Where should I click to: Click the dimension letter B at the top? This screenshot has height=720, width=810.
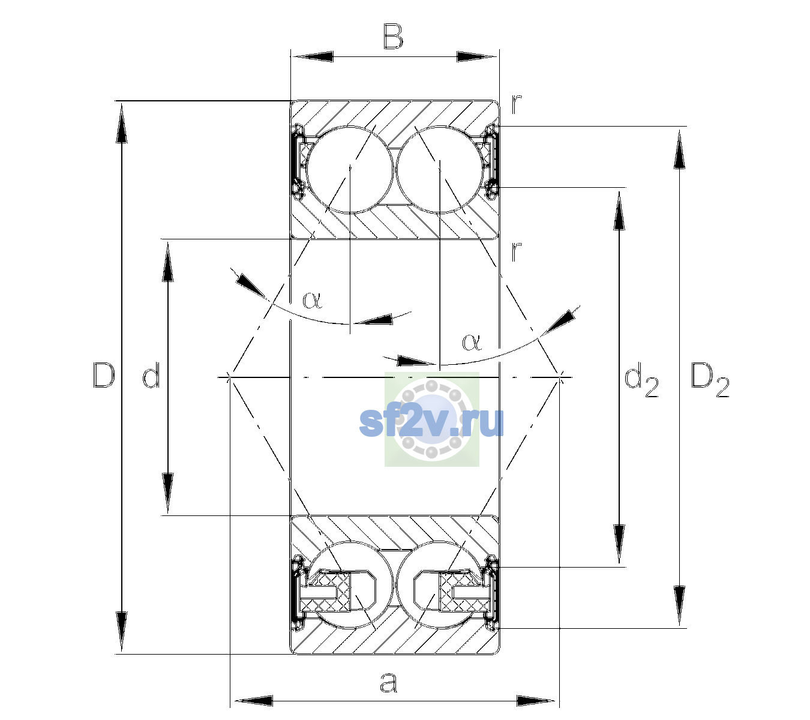(x=393, y=37)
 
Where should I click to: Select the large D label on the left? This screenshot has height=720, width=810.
(x=104, y=375)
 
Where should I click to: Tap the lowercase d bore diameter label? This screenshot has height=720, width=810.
(x=151, y=375)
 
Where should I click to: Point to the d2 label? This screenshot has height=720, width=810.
(x=641, y=379)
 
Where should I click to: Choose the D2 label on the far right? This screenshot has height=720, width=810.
(x=710, y=380)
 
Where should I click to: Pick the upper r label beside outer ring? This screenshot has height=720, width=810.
(x=516, y=104)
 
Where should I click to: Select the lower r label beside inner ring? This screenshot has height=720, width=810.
(x=516, y=251)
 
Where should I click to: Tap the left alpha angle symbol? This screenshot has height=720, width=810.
(x=312, y=300)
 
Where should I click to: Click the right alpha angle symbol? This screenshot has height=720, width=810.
(x=472, y=342)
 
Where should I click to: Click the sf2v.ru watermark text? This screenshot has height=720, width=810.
(x=431, y=422)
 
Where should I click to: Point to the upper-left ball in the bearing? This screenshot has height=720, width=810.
(x=350, y=170)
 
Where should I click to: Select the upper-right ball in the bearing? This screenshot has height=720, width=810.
(x=440, y=170)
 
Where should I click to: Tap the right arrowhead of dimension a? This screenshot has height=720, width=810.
(x=536, y=701)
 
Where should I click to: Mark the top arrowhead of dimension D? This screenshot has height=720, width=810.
(x=122, y=122)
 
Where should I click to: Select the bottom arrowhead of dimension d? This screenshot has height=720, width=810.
(x=167, y=494)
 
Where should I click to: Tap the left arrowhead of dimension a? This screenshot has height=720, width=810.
(x=253, y=701)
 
